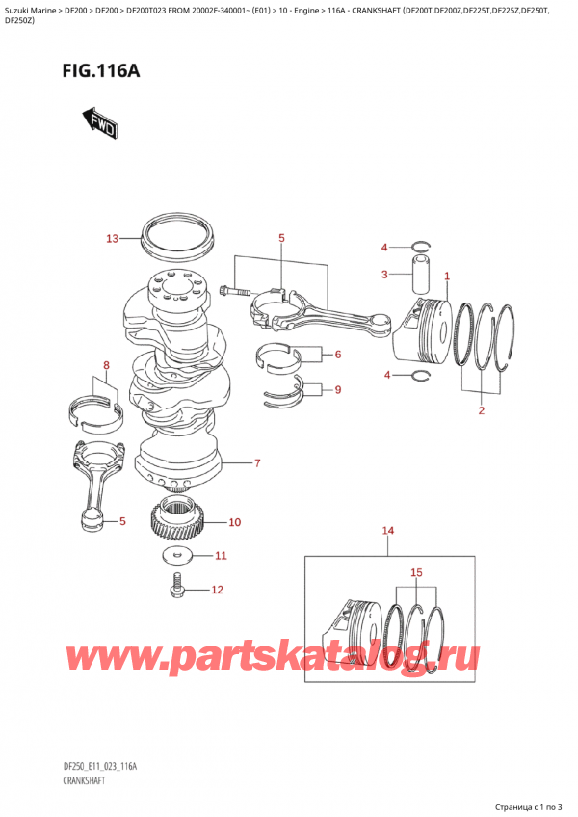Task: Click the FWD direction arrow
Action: coord(100,122)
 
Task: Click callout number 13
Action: coord(111,238)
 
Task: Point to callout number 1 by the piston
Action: coord(447,277)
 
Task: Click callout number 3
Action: coord(383,275)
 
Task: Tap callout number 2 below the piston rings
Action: coord(481,411)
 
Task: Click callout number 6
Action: coord(337,355)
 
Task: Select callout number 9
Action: coord(337,390)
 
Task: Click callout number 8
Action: coord(106,365)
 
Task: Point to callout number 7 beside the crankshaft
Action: coord(257,463)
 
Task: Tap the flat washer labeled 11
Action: coord(174,555)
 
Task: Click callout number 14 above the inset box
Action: coord(388,531)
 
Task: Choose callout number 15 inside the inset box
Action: coord(416,573)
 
